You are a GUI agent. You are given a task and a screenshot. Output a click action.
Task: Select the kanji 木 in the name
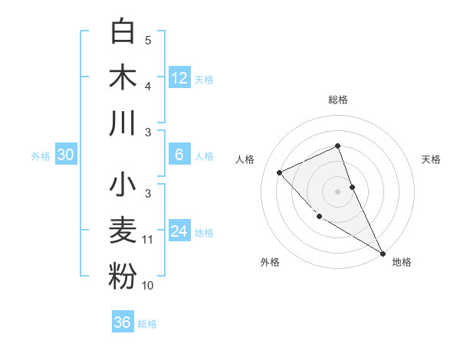click(123, 77)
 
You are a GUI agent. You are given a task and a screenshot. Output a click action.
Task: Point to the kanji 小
click(123, 186)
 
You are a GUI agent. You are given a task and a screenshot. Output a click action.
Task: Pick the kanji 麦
click(123, 231)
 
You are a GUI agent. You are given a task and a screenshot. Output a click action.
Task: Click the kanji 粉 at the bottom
click(123, 277)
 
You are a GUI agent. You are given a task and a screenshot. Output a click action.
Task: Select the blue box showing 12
click(179, 77)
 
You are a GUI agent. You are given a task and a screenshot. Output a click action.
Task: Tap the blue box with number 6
click(179, 155)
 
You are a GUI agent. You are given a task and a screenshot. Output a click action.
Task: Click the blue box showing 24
click(179, 231)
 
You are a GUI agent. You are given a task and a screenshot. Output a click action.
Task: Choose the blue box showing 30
click(65, 155)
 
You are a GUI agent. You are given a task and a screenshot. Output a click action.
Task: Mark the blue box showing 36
click(122, 322)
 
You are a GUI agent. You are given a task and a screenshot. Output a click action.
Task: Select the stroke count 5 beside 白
click(148, 40)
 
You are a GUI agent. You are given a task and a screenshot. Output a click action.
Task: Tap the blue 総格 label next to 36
click(147, 324)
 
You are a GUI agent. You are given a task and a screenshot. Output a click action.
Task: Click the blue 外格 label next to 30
click(41, 156)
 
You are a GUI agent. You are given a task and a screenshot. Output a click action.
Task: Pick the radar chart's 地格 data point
click(383, 253)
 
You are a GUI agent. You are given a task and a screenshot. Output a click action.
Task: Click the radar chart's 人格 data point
click(280, 172)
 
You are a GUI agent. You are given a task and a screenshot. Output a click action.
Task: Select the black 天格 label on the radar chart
click(431, 159)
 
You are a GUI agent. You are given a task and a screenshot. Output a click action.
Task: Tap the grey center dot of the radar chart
click(337, 191)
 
